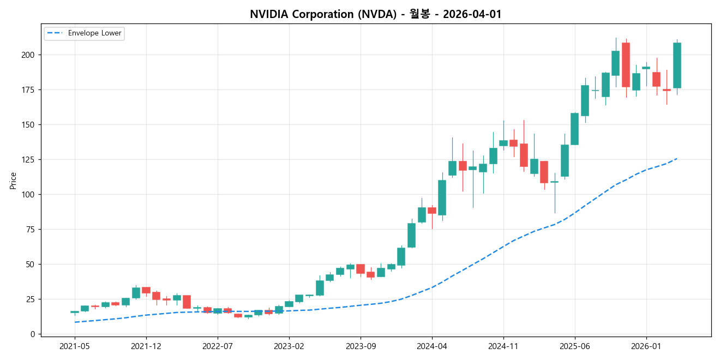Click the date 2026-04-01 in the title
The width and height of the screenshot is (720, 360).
472,14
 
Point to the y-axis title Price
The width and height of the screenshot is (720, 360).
13,181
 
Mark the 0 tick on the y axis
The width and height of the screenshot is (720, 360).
33,334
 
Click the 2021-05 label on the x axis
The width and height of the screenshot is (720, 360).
75,346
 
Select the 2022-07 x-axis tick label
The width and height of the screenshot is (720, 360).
218,346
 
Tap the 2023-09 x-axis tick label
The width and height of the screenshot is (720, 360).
361,346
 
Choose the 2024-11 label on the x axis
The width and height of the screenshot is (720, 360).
503,346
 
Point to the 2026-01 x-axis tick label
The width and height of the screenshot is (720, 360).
646,346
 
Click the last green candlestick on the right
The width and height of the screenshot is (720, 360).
677,65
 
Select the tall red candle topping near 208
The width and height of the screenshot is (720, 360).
626,65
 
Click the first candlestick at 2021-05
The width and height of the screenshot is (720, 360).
75,312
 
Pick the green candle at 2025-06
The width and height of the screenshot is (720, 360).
574,129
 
